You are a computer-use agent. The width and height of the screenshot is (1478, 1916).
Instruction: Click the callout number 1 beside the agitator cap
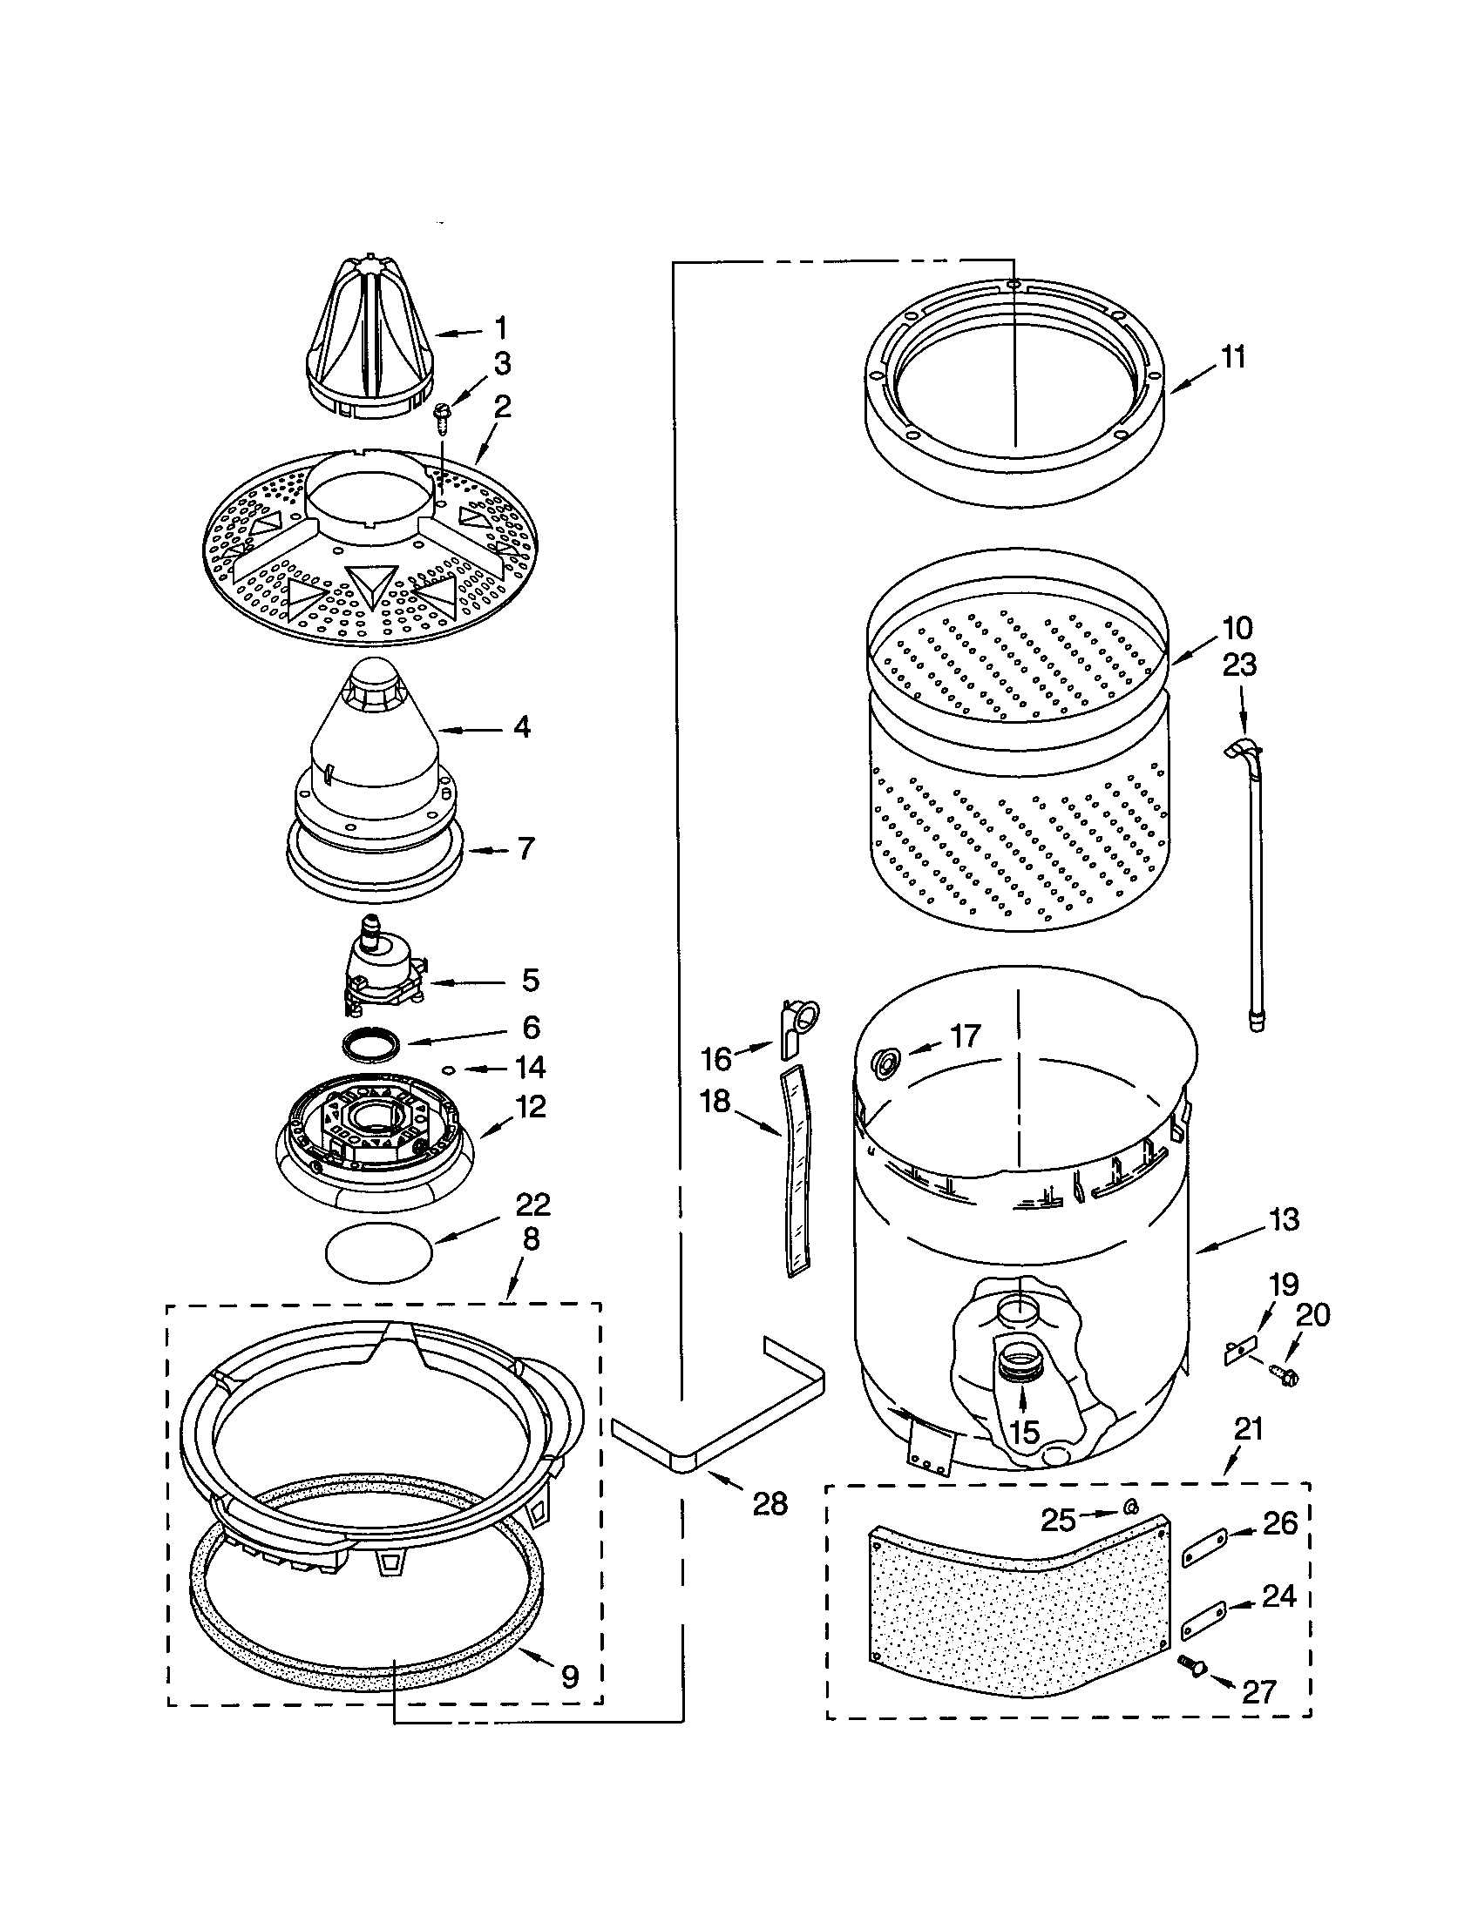point(500,329)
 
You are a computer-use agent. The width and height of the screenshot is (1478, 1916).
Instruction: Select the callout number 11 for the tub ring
point(1233,358)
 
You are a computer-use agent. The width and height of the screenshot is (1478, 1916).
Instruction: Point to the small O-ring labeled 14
point(448,1069)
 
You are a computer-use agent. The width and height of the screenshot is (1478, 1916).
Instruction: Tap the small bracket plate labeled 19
point(1239,1351)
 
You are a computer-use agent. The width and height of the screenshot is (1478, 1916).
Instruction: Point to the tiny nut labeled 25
point(1132,1508)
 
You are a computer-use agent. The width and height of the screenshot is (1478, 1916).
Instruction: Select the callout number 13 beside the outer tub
point(1283,1219)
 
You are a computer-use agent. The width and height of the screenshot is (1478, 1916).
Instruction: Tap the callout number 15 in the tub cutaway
point(1024,1433)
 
